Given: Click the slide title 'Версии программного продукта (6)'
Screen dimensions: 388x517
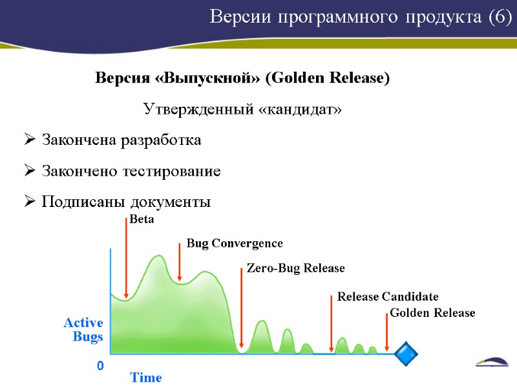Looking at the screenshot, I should (x=360, y=17).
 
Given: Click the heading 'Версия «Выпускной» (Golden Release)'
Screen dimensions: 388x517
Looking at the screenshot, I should (x=242, y=79).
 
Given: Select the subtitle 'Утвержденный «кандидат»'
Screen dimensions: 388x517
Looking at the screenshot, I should (x=241, y=109).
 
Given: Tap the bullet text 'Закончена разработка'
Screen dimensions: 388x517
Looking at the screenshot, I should (x=121, y=140).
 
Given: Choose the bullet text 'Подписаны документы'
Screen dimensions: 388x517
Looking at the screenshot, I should (x=126, y=202).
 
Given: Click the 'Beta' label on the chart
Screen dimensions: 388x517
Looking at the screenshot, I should (x=142, y=220).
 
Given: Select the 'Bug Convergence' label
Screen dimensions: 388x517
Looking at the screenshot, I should (x=235, y=244).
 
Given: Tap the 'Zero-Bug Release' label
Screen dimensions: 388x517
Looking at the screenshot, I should (x=295, y=268).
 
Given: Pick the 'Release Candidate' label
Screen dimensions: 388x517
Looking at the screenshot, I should (x=387, y=297).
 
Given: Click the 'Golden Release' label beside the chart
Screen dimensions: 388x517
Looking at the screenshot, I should (x=432, y=313).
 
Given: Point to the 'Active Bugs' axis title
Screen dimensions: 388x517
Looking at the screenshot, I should (x=83, y=329).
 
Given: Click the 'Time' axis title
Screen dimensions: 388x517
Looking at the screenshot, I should (x=146, y=378).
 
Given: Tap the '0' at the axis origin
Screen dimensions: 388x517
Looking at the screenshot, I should (x=100, y=367).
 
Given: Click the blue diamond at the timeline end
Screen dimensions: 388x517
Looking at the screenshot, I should (x=406, y=354).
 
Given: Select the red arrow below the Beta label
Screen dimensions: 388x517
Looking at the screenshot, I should (x=126, y=259).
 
